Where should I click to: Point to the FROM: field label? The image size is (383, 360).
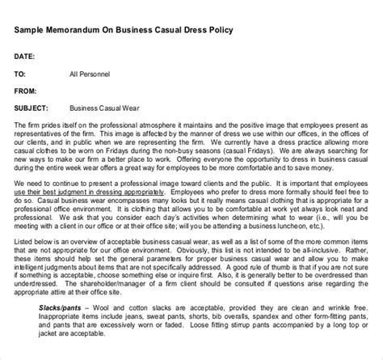(x=28, y=90)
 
